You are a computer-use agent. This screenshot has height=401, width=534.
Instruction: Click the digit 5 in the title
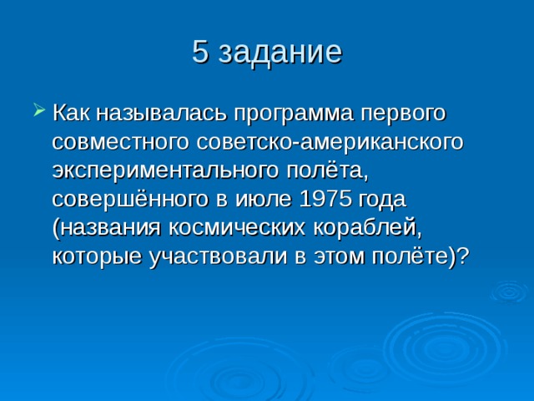point(200,52)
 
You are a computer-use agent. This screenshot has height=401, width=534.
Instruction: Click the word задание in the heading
point(280,53)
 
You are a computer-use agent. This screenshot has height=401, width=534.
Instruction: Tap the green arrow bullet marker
point(39,109)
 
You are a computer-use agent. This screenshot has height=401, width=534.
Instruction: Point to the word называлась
point(161,113)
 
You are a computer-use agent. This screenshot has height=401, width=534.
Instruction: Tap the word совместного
point(120,143)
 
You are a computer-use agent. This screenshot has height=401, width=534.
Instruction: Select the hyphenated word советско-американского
point(330,143)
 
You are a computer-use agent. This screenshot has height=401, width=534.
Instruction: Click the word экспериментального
point(165,172)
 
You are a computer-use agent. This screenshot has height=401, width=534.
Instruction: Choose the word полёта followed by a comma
point(327,170)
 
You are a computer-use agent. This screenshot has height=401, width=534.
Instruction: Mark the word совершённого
point(130,199)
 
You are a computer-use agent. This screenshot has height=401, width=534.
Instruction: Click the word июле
point(264,200)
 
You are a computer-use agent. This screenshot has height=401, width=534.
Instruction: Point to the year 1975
point(325,199)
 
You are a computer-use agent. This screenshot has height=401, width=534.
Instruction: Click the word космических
point(237,228)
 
